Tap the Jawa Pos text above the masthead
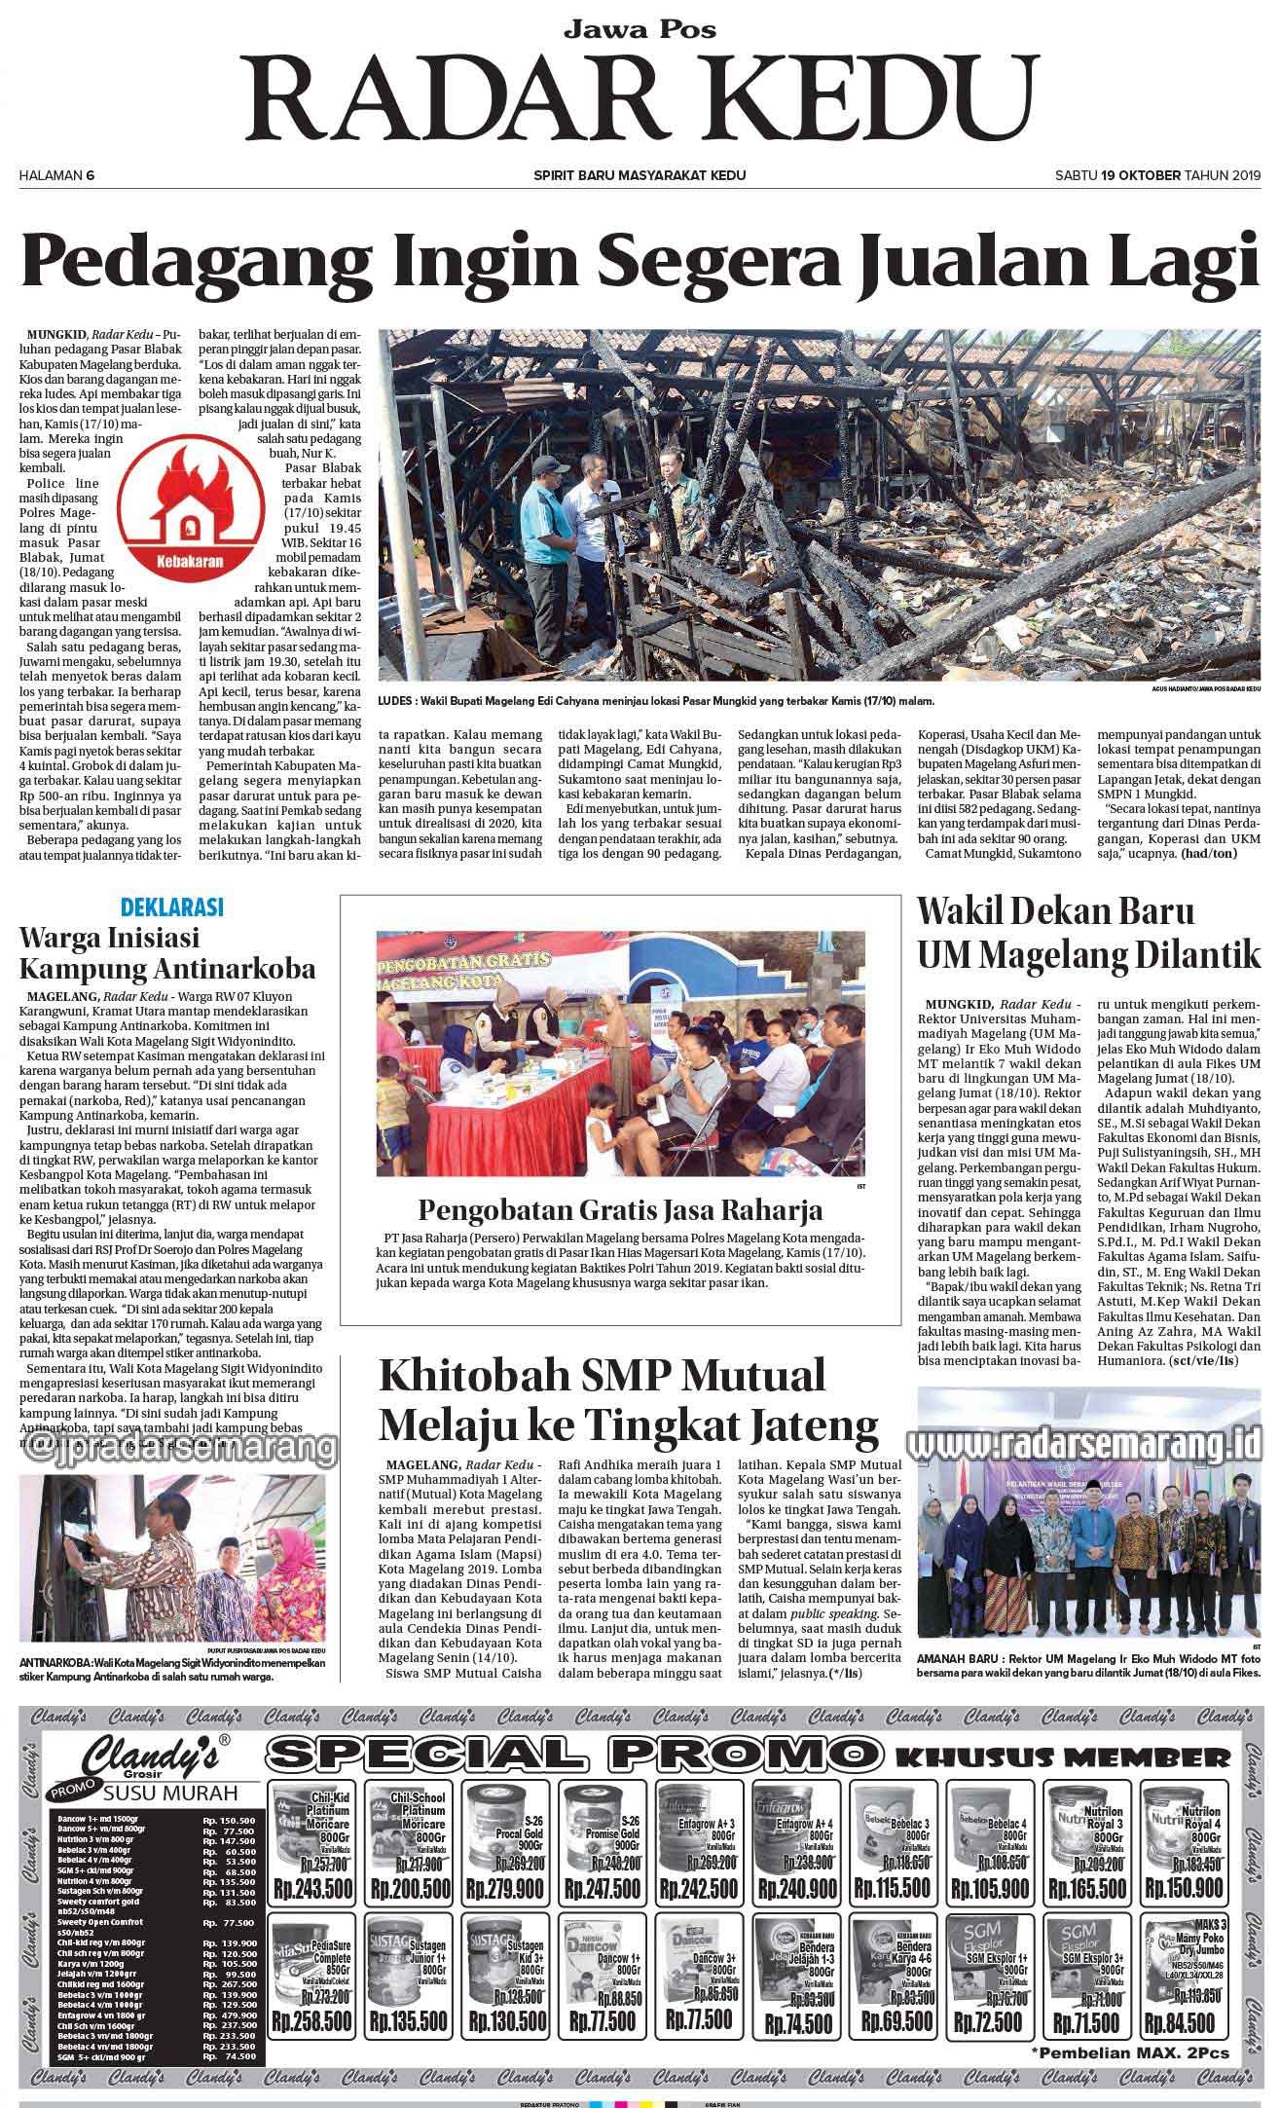point(640,29)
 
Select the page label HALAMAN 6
point(56,175)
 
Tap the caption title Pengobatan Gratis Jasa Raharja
point(620,1210)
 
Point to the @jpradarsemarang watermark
point(176,1446)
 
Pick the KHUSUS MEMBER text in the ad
point(1062,1757)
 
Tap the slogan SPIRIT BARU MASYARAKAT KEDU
point(640,175)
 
